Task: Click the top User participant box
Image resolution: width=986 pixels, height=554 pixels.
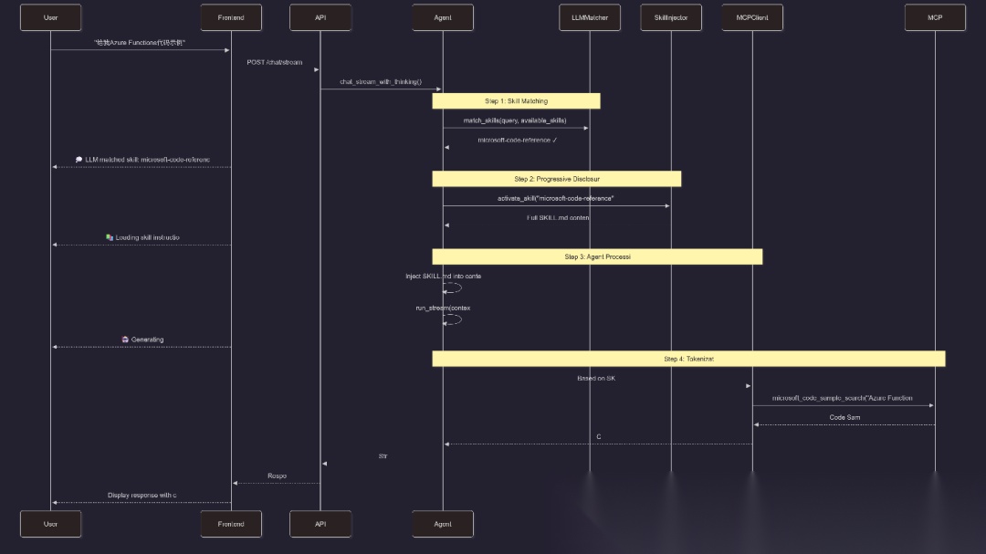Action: [x=51, y=17]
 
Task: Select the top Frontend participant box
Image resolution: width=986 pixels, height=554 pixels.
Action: [x=231, y=17]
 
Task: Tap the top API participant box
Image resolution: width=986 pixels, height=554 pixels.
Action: [x=320, y=17]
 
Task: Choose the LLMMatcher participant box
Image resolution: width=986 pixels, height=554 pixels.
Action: [x=590, y=17]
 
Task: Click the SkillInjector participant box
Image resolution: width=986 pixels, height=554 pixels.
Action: [x=671, y=17]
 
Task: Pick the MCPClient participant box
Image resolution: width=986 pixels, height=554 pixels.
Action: [x=752, y=17]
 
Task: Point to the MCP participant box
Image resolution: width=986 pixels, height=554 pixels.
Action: [x=935, y=17]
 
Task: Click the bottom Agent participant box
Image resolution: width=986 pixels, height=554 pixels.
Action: [x=443, y=524]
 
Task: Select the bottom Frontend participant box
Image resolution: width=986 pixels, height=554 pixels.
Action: [x=231, y=524]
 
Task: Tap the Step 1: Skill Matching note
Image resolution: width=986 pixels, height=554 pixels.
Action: [x=516, y=100]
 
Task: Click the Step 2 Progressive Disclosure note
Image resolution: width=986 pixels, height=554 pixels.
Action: [x=557, y=179]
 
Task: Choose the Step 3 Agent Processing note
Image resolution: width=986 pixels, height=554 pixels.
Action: [x=597, y=256]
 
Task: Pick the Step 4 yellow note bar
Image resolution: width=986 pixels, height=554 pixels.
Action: [x=688, y=359]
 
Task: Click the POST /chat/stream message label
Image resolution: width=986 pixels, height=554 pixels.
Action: [x=275, y=62]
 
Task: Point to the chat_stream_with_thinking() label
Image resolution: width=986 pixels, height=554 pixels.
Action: [x=381, y=81]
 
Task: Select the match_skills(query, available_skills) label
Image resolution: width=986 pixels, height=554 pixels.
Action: [x=515, y=120]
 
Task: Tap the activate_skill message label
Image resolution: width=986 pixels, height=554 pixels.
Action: [x=555, y=198]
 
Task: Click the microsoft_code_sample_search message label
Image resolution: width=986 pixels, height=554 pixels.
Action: [x=842, y=398]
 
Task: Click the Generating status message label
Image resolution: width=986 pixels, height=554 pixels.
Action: [x=142, y=340]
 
